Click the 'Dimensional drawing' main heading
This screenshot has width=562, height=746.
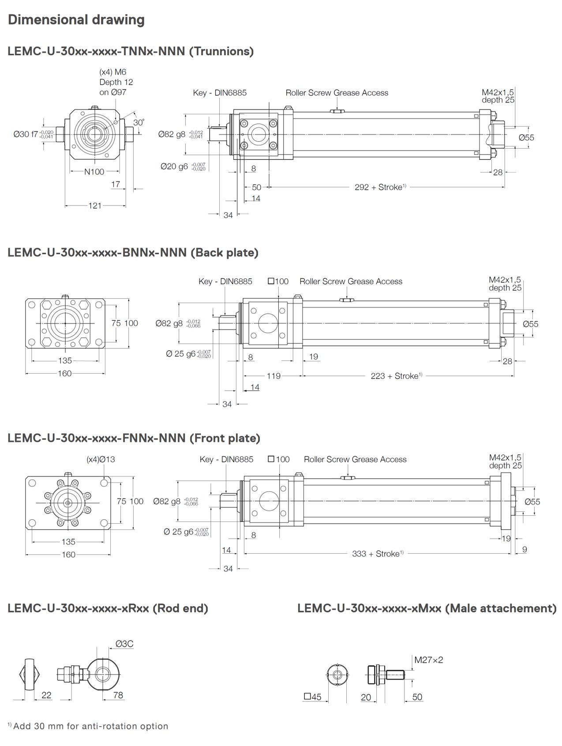pos(76,20)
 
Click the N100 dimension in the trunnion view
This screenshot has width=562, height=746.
pos(94,172)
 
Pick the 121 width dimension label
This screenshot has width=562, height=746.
pos(95,206)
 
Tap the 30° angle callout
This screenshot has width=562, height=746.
pos(139,122)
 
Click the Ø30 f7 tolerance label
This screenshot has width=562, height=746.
pos(34,134)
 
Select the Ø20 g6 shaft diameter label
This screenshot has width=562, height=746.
pos(183,166)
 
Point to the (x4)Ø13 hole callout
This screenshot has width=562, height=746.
pos(101,459)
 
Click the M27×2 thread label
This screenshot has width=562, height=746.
pos(428,660)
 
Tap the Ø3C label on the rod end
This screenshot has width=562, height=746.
pos(124,644)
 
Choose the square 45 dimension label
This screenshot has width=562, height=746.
pos(313,697)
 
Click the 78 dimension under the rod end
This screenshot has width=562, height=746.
pos(118,695)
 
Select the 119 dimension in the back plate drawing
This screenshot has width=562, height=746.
pos(274,376)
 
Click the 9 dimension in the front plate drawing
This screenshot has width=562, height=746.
pos(524,550)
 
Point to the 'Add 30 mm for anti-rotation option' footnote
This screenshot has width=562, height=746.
pos(88,726)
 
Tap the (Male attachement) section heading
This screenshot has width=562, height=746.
pos(427,608)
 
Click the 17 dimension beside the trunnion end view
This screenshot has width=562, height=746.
pos(116,184)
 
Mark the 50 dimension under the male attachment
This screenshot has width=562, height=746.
pos(417,697)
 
